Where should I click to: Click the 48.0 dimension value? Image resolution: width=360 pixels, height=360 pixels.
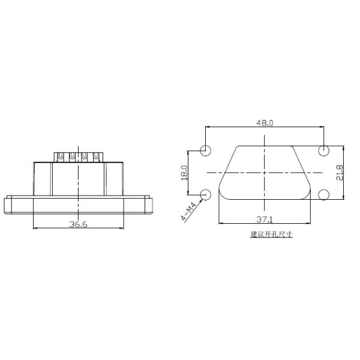[x=265, y=122]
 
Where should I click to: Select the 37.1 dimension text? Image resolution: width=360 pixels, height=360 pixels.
[x=265, y=220]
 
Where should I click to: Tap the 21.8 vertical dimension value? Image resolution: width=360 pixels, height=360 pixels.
[x=340, y=172]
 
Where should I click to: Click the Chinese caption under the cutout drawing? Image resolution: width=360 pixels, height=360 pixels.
[x=271, y=234]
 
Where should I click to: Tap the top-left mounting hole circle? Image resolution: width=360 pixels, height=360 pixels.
[x=206, y=150]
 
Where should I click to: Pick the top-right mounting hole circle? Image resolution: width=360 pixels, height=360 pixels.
[x=324, y=150]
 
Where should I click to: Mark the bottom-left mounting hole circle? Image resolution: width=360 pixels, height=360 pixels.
[x=206, y=194]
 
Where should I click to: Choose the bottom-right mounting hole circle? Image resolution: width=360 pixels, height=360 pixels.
[x=324, y=194]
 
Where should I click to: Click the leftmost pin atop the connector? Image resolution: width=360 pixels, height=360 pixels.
[x=60, y=157]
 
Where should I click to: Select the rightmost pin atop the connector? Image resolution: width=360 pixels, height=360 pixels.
[x=97, y=157]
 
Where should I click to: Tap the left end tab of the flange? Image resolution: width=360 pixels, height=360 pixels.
[x=8, y=205]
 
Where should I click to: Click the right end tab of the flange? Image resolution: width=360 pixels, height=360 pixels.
[x=149, y=205]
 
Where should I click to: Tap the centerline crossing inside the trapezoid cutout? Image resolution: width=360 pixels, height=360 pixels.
[x=265, y=172]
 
